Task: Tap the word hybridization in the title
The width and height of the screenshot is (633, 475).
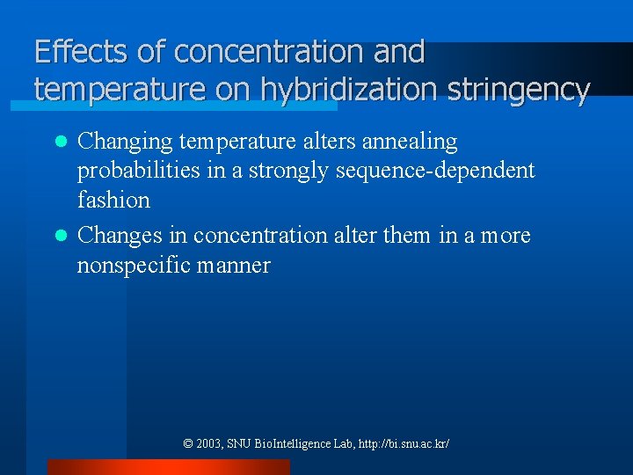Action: [x=348, y=89]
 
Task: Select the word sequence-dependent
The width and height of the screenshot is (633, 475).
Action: [x=435, y=171]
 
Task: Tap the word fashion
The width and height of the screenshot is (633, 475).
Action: [x=113, y=200]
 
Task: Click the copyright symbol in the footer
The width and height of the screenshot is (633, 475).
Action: [x=188, y=444]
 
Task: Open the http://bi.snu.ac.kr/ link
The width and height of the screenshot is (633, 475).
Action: [x=404, y=444]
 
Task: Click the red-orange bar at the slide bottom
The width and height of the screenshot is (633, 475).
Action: [x=168, y=467]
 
